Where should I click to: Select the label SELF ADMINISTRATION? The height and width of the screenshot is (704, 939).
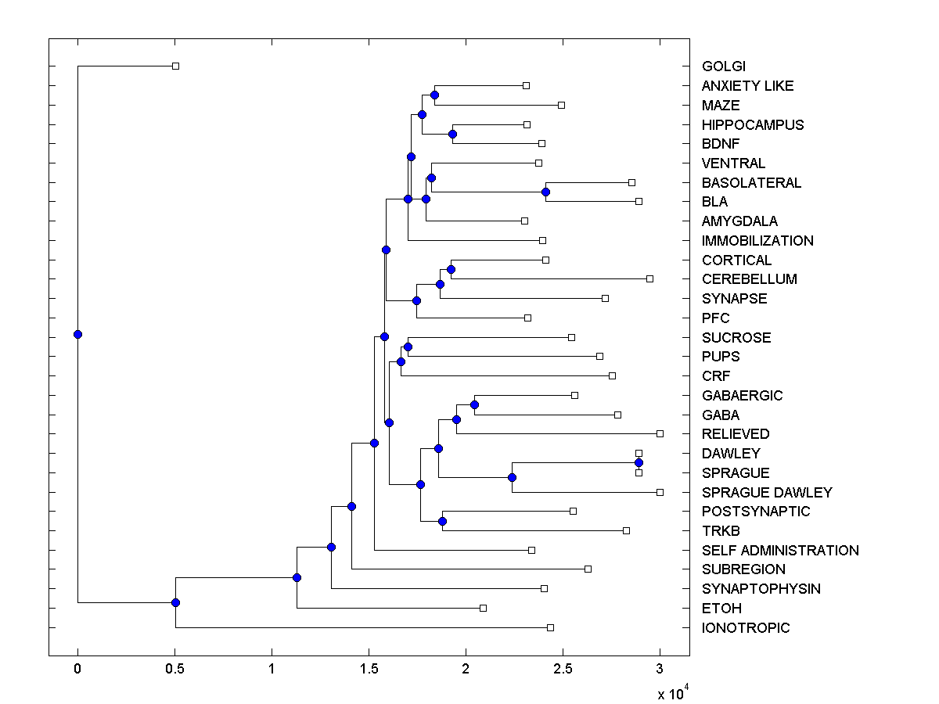click(780, 551)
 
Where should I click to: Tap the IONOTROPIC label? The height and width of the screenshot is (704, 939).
click(746, 628)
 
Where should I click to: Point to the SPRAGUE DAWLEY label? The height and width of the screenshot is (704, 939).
click(767, 493)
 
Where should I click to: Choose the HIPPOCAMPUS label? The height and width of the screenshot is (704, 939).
click(753, 125)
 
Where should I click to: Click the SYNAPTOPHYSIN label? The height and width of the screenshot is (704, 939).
click(761, 589)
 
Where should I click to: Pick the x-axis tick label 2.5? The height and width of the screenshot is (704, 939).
click(563, 668)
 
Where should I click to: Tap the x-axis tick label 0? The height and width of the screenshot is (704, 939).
click(77, 668)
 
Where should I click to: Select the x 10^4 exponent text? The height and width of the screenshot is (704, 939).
click(671, 692)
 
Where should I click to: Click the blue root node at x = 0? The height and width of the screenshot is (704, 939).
click(77, 334)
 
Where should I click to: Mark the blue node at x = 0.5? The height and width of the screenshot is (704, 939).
click(175, 602)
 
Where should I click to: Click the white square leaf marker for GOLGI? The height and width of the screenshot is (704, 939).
click(175, 66)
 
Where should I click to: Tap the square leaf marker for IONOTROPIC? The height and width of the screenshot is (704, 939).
click(550, 627)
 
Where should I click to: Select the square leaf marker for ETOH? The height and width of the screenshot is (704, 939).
click(483, 608)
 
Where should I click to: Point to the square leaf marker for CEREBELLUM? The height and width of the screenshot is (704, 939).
click(649, 278)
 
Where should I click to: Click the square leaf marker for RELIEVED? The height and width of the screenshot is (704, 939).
click(660, 433)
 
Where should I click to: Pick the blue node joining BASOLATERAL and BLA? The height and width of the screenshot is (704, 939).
click(546, 192)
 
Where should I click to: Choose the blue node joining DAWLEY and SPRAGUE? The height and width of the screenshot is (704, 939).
click(639, 463)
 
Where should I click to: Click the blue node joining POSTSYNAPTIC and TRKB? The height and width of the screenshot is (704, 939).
click(442, 521)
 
